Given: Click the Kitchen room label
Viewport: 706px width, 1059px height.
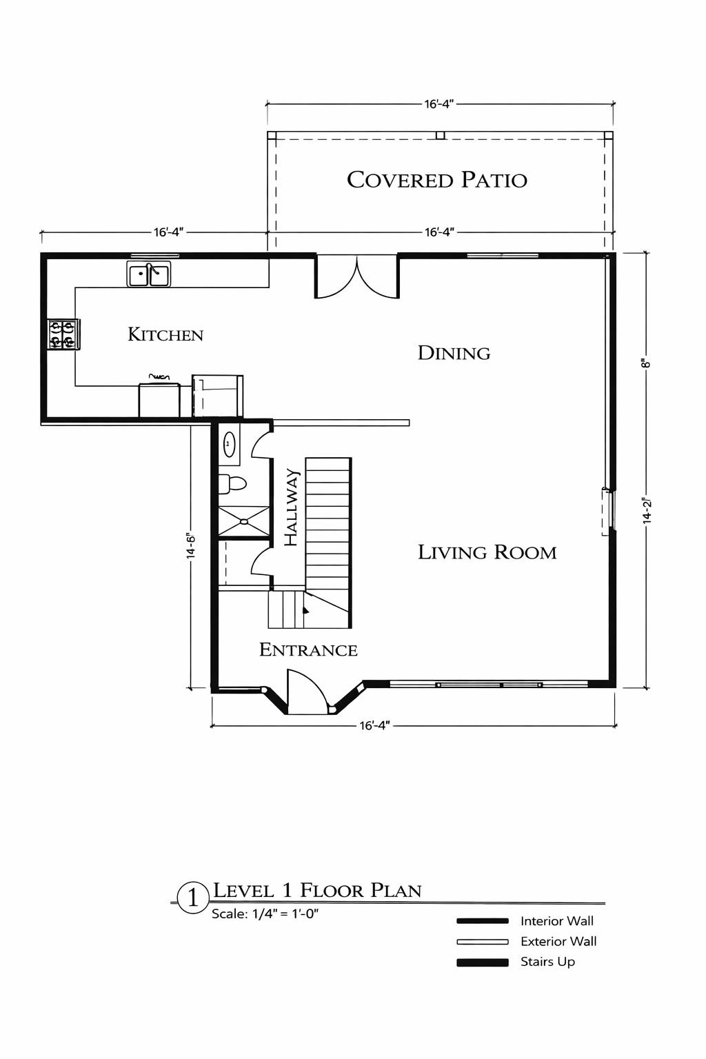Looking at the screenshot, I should click(165, 335).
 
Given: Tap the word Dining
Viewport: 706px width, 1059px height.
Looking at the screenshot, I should click(454, 353).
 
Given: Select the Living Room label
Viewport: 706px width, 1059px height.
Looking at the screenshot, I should click(487, 552).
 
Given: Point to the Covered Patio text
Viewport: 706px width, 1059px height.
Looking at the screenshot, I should click(436, 180).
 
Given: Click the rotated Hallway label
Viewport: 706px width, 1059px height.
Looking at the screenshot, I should click(292, 507).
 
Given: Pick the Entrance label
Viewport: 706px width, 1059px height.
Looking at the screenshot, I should click(308, 649).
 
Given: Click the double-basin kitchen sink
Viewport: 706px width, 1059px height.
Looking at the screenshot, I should click(150, 274).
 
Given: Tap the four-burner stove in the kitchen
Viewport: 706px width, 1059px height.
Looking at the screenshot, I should click(61, 334).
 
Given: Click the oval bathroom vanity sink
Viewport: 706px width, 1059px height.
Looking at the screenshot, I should click(229, 444).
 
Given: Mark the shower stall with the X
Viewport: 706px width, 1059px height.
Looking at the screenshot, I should click(243, 521).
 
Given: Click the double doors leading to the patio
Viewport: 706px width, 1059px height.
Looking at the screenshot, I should click(356, 277).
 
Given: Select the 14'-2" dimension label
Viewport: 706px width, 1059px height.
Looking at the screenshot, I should click(647, 511).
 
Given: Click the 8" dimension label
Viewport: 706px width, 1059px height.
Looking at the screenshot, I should click(647, 363).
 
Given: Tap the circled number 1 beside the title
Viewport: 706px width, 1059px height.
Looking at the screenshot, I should click(193, 897).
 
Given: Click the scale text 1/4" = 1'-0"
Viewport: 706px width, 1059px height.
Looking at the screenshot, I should click(285, 914).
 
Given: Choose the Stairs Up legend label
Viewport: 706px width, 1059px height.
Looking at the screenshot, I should click(547, 962).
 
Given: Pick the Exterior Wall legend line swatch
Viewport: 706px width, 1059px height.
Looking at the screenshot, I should click(482, 942).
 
